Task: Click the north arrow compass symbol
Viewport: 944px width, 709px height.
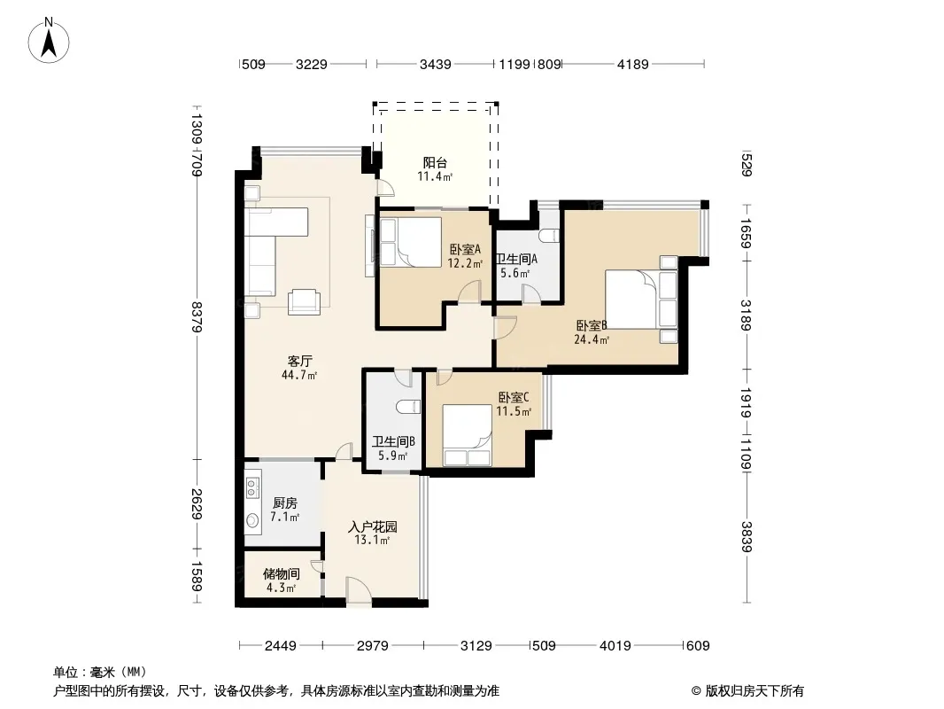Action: pyautogui.click(x=49, y=41)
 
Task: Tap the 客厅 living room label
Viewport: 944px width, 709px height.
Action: pyautogui.click(x=300, y=362)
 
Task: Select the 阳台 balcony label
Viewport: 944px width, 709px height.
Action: pyautogui.click(x=435, y=163)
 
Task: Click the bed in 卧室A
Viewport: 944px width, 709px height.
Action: pyautogui.click(x=411, y=242)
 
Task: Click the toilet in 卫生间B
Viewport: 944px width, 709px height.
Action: pyautogui.click(x=408, y=407)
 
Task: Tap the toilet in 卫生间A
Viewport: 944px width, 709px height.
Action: pyautogui.click(x=548, y=234)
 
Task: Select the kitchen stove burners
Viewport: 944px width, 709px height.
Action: pyautogui.click(x=252, y=487)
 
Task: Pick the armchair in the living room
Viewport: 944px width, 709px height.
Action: pyautogui.click(x=304, y=302)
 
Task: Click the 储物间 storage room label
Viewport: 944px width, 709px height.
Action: pyautogui.click(x=282, y=573)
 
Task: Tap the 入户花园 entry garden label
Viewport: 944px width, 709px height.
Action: pyautogui.click(x=373, y=526)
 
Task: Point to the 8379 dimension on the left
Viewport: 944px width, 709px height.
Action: pyautogui.click(x=197, y=317)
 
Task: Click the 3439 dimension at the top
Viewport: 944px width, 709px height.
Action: pyautogui.click(x=436, y=64)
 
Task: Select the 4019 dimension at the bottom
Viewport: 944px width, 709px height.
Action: pyautogui.click(x=615, y=646)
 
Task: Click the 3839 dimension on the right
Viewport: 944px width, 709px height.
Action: pyautogui.click(x=747, y=537)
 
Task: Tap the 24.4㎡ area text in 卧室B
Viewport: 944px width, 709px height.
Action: pyautogui.click(x=592, y=339)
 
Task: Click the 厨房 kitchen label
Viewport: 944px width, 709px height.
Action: pyautogui.click(x=285, y=503)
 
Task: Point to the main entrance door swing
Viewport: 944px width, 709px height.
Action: pyautogui.click(x=359, y=589)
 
